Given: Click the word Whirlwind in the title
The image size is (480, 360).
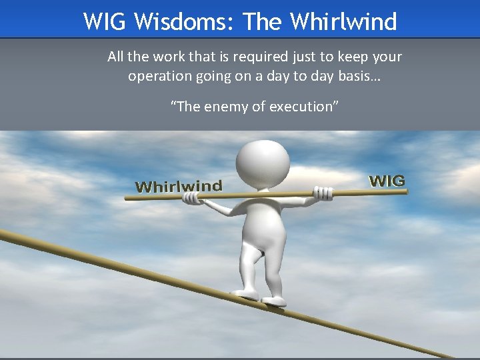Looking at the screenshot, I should [x=343, y=21].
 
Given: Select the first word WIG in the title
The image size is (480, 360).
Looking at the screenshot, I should [x=106, y=21].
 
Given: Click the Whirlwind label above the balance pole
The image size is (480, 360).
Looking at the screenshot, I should [x=179, y=186].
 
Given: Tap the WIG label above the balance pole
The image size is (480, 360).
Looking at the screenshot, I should [x=387, y=181].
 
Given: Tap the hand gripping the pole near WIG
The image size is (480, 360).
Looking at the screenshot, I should [x=323, y=194].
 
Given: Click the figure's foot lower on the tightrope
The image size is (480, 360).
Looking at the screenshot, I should [x=273, y=301].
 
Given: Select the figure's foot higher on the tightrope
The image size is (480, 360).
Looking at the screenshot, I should [x=244, y=293].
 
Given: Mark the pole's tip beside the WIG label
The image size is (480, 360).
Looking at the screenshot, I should [x=405, y=191].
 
